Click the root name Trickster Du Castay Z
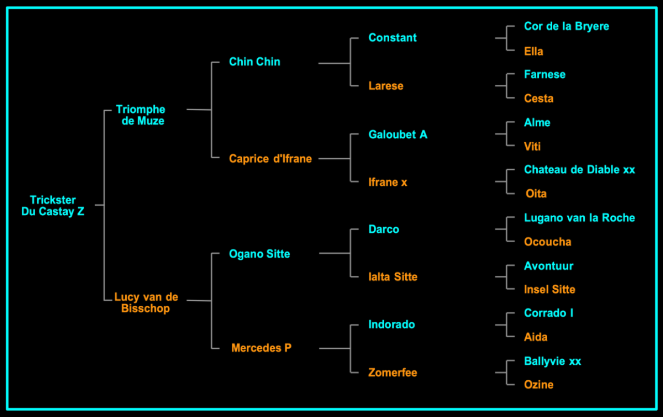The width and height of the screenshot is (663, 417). [53, 206]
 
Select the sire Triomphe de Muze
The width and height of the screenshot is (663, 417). [140, 115]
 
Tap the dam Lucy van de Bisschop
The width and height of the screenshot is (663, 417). [146, 303]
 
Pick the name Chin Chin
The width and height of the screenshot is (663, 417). [255, 62]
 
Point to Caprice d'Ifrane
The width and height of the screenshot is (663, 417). [270, 159]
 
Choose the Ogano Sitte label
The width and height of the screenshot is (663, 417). [259, 254]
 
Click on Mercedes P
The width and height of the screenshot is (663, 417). [261, 348]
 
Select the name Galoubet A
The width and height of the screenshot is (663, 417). [397, 135]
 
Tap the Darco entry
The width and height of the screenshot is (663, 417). [384, 229]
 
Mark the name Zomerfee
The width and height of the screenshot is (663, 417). [392, 373]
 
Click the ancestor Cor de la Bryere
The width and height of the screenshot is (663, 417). [566, 26]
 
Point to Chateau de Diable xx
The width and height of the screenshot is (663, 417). [579, 170]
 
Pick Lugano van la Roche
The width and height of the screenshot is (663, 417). [579, 218]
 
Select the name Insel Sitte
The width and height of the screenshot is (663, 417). [549, 289]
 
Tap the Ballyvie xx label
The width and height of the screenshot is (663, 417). [552, 361]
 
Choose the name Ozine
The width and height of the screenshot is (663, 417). [538, 384]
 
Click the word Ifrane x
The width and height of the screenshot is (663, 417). [388, 182]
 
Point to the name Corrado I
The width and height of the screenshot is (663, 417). [548, 313]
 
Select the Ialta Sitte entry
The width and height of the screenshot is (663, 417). [392, 277]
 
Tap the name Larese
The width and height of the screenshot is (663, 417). [386, 86]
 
